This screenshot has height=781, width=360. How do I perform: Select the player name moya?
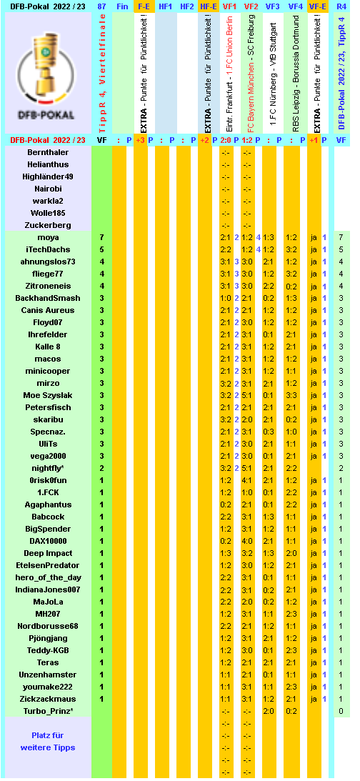point(49,237)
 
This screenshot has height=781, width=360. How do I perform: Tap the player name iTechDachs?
point(49,249)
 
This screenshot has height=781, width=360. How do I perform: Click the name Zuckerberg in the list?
point(49,225)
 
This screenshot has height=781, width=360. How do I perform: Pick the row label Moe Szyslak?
point(49,395)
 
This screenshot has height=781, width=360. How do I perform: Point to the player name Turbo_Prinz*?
point(49,711)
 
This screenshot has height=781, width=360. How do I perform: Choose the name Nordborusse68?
point(49,626)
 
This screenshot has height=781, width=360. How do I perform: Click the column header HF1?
point(165,6)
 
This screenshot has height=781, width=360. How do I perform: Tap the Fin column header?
point(122,6)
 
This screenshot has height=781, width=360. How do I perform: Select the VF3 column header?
point(272,6)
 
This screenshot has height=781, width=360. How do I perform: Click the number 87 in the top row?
point(102,6)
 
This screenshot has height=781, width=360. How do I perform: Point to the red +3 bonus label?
point(140,140)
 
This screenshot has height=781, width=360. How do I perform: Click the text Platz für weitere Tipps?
point(49,742)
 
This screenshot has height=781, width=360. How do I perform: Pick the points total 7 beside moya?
point(102,237)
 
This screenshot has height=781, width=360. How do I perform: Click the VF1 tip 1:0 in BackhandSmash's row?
point(225,298)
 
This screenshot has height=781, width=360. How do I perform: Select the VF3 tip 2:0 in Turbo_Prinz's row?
point(269,711)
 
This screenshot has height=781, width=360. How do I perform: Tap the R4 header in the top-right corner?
point(341,6)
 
